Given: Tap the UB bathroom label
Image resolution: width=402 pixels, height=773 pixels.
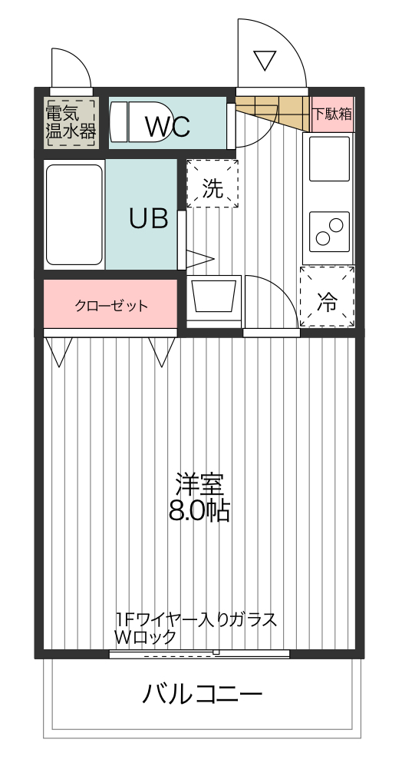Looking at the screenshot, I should (148, 219).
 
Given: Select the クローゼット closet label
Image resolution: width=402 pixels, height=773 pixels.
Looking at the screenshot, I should (111, 306).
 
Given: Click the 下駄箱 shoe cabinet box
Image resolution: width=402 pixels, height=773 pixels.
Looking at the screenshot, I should (332, 114).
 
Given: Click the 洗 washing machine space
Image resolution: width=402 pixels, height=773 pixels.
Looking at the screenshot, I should (213, 184).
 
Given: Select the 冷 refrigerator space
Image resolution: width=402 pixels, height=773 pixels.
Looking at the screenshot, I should (328, 297).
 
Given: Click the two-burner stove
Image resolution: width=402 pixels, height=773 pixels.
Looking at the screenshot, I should (329, 230).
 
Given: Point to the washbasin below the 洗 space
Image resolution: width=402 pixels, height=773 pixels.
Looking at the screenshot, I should (213, 297).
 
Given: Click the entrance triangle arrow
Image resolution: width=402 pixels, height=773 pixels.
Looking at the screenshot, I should (265, 60).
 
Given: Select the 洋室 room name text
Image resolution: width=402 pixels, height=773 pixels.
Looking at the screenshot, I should (199, 485).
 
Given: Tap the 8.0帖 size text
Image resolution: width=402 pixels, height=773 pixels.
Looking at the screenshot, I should (199, 510).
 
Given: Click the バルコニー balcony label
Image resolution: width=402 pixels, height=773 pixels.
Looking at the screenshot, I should (203, 695).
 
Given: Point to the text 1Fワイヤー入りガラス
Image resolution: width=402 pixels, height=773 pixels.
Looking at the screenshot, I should (196, 619).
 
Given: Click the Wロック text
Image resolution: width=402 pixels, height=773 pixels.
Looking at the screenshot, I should (146, 637).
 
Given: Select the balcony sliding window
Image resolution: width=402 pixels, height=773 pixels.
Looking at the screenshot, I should (199, 654).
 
